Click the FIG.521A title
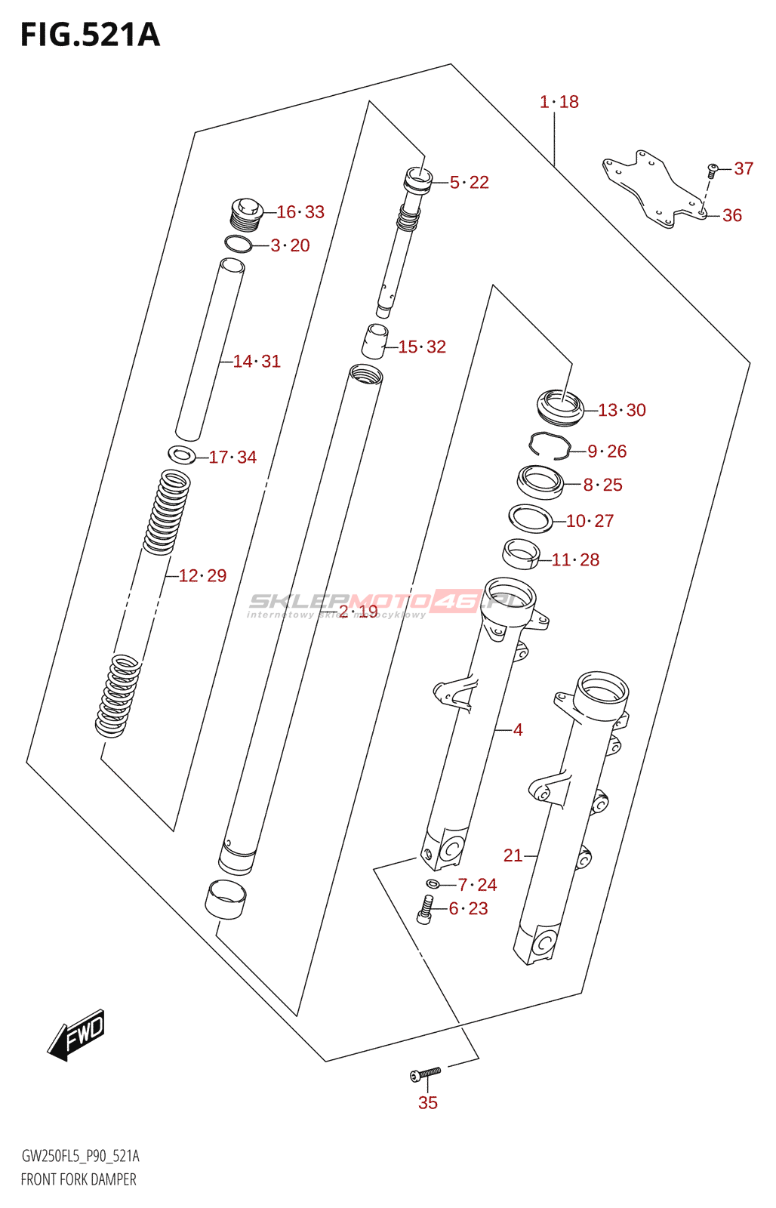(x=91, y=35)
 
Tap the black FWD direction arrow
(x=76, y=1035)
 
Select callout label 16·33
(x=300, y=212)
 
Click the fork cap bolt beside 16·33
(x=245, y=213)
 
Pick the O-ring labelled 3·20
(x=239, y=244)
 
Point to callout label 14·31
(x=257, y=362)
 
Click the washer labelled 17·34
(x=181, y=455)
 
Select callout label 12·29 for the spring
(x=202, y=576)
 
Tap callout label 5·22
(x=469, y=183)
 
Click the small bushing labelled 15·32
(x=374, y=341)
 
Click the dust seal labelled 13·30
(x=560, y=405)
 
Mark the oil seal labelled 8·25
(x=540, y=482)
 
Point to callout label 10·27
(x=590, y=521)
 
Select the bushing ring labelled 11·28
(x=521, y=553)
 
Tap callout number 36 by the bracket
(x=731, y=216)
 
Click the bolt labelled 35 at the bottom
(x=425, y=1073)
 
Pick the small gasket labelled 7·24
(x=433, y=884)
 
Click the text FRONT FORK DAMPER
(x=79, y=1179)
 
